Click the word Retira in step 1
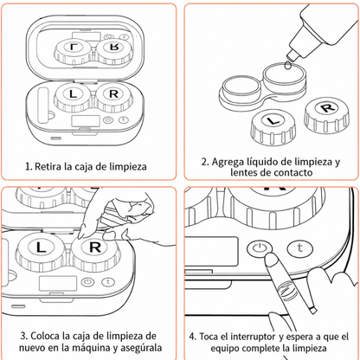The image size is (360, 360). (48, 166)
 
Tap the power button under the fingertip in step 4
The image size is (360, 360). (260, 247)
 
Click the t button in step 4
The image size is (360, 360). (300, 247)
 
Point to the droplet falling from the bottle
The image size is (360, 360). (287, 65)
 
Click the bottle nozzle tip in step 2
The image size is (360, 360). (291, 55)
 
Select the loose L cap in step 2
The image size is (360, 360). (272, 128)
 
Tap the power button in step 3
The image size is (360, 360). (87, 282)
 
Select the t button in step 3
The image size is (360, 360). (108, 282)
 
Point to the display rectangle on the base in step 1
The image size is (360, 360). (86, 121)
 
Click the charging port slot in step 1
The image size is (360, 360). (56, 138)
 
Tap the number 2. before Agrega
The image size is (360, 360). (205, 162)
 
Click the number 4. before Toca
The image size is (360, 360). (193, 337)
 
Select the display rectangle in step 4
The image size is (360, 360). (212, 252)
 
